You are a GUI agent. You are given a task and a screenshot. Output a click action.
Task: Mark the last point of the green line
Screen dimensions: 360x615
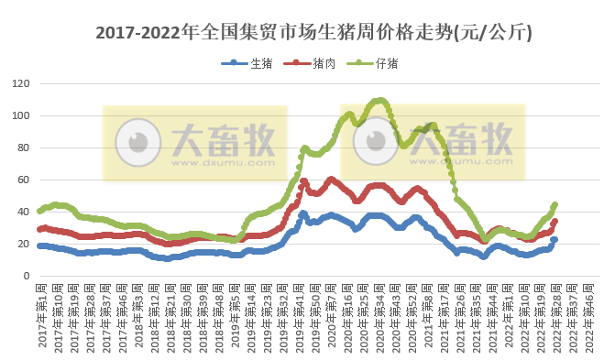coord(555,205)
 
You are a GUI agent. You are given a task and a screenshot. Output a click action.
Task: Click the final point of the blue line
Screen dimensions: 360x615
coord(555,240)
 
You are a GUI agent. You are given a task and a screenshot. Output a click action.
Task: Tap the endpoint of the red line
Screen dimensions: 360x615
coord(555,222)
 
